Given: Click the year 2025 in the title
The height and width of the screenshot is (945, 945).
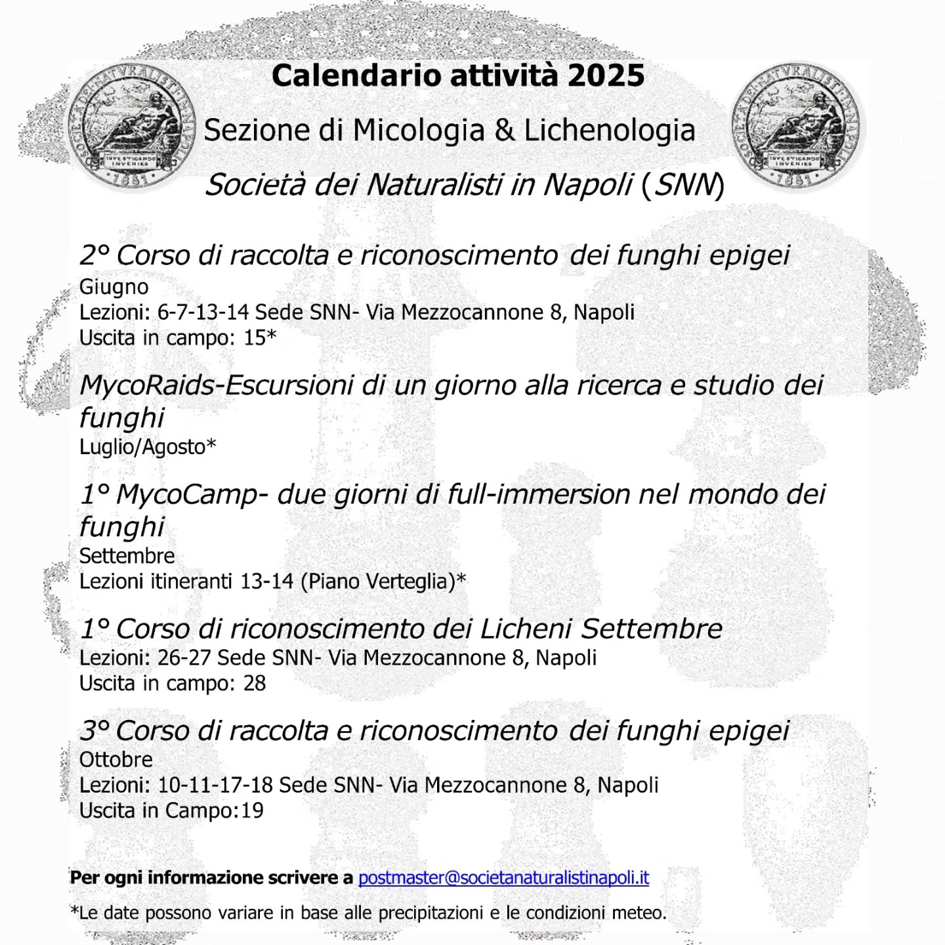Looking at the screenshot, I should [606, 75].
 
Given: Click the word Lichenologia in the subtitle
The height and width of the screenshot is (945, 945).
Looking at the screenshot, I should [609, 131].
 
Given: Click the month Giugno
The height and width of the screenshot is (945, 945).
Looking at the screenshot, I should [114, 287].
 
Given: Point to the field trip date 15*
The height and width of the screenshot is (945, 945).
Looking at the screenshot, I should [260, 337].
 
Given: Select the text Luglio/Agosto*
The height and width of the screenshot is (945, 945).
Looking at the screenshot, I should [148, 447].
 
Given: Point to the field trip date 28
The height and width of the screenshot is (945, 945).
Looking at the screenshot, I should [255, 683].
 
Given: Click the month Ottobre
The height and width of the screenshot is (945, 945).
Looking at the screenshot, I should [116, 759].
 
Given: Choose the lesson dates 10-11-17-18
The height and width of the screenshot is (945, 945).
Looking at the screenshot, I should [215, 785].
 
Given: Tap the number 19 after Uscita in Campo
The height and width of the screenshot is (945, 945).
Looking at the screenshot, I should [252, 810].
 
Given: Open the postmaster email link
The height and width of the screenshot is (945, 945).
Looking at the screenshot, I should [503, 878].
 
